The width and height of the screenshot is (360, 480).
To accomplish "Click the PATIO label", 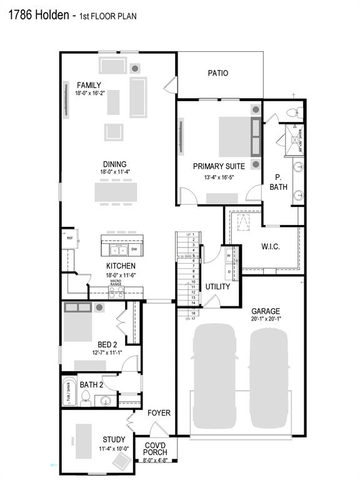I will [x=217, y=73].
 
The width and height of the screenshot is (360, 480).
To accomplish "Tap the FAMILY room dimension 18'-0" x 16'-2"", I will [x=89, y=93].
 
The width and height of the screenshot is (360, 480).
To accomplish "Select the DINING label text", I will [x=114, y=164].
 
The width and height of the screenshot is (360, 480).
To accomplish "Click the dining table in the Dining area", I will [x=116, y=191].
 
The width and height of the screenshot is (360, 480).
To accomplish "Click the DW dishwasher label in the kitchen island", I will [x=134, y=249].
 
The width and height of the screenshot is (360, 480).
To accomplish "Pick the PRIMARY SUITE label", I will [x=219, y=166].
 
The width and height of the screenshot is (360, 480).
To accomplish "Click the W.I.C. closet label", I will [x=270, y=246].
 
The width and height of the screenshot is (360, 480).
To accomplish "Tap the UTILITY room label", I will [x=218, y=287].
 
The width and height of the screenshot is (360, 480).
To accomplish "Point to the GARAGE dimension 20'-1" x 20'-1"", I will [x=266, y=319].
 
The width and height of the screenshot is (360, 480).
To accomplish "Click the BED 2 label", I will [x=107, y=344].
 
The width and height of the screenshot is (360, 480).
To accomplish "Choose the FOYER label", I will [x=159, y=413].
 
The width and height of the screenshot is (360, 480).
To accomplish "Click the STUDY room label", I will [x=114, y=439].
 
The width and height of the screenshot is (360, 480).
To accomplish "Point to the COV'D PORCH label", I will [x=155, y=449].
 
